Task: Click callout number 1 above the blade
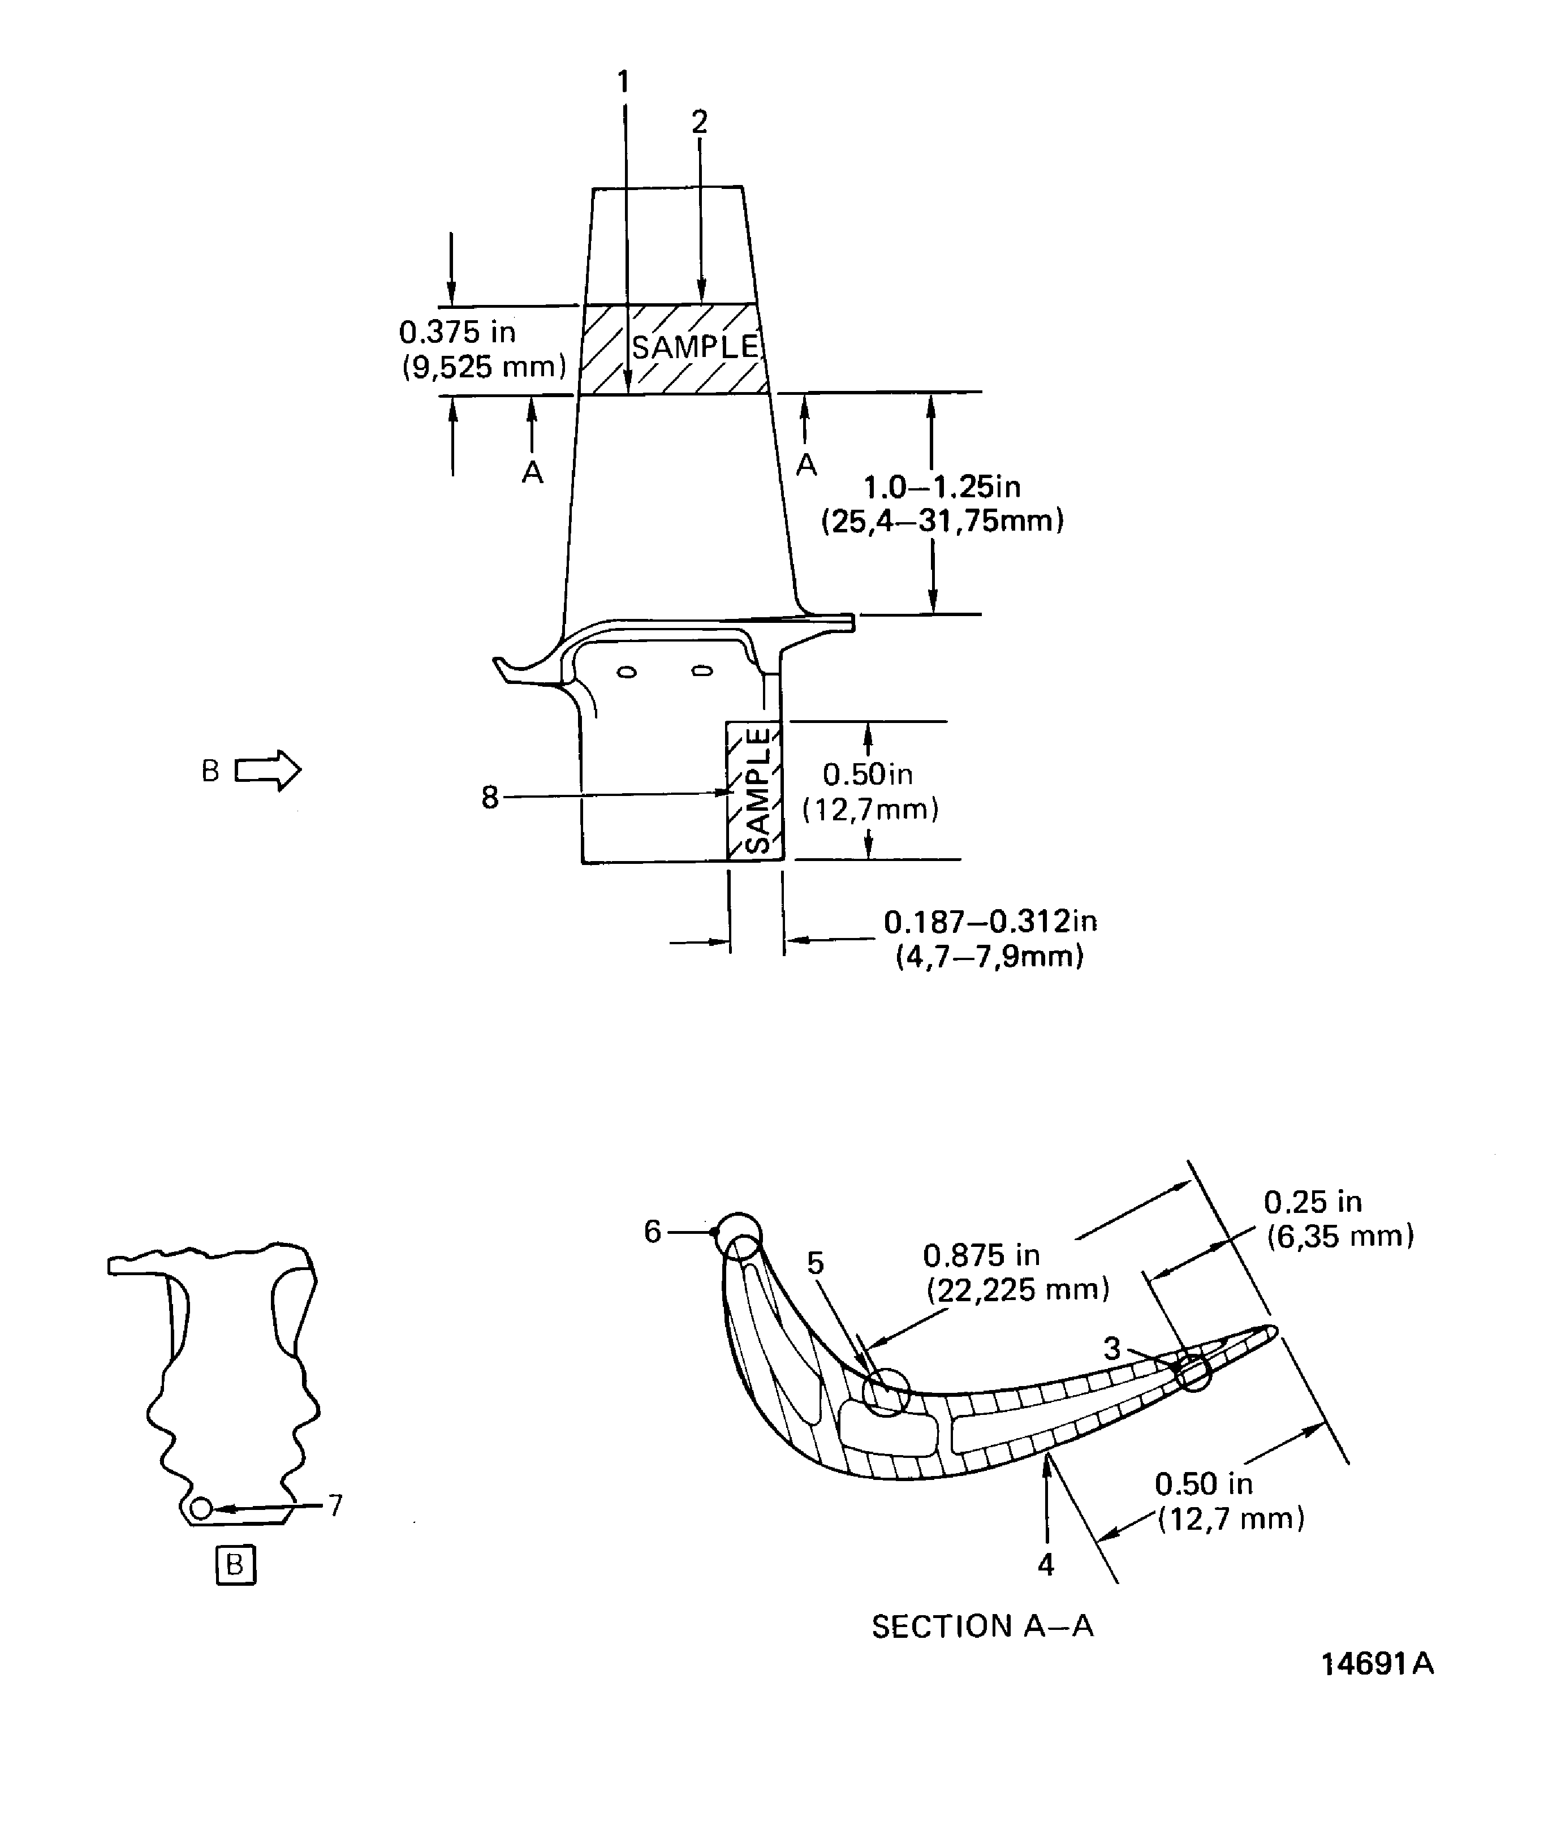(623, 82)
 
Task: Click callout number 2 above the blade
(700, 122)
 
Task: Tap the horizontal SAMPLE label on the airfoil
(694, 347)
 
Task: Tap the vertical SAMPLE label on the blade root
(757, 790)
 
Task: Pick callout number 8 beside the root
(489, 797)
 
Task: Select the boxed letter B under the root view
(235, 1565)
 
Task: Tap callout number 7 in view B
(335, 1506)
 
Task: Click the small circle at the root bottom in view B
(201, 1508)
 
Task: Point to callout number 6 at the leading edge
(652, 1232)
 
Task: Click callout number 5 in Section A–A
(816, 1263)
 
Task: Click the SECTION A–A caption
(982, 1626)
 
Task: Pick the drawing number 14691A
(1377, 1664)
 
